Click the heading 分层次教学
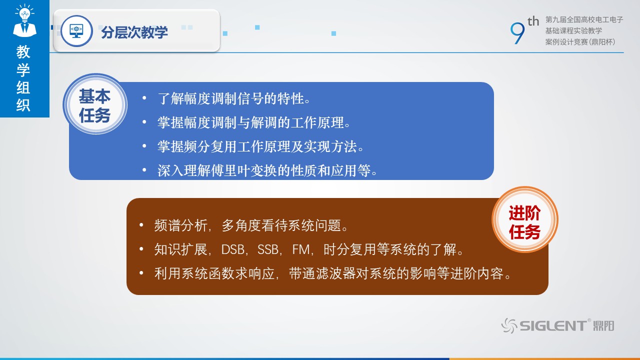tap(134, 32)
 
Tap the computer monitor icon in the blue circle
tap(76, 31)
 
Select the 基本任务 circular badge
tap(95, 104)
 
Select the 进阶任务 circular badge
tap(524, 219)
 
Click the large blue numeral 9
tap(517, 33)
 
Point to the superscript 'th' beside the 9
tap(533, 21)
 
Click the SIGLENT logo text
tap(553, 325)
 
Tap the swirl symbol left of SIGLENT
tap(509, 325)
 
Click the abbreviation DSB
tap(233, 249)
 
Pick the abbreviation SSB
tap(268, 249)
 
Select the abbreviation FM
tap(301, 249)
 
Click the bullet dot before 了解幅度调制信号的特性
tap(144, 98)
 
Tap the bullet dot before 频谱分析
tap(141, 225)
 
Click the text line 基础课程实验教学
tap(573, 30)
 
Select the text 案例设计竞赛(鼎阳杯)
tap(580, 42)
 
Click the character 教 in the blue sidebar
tap(23, 51)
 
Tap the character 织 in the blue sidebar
tap(23, 105)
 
